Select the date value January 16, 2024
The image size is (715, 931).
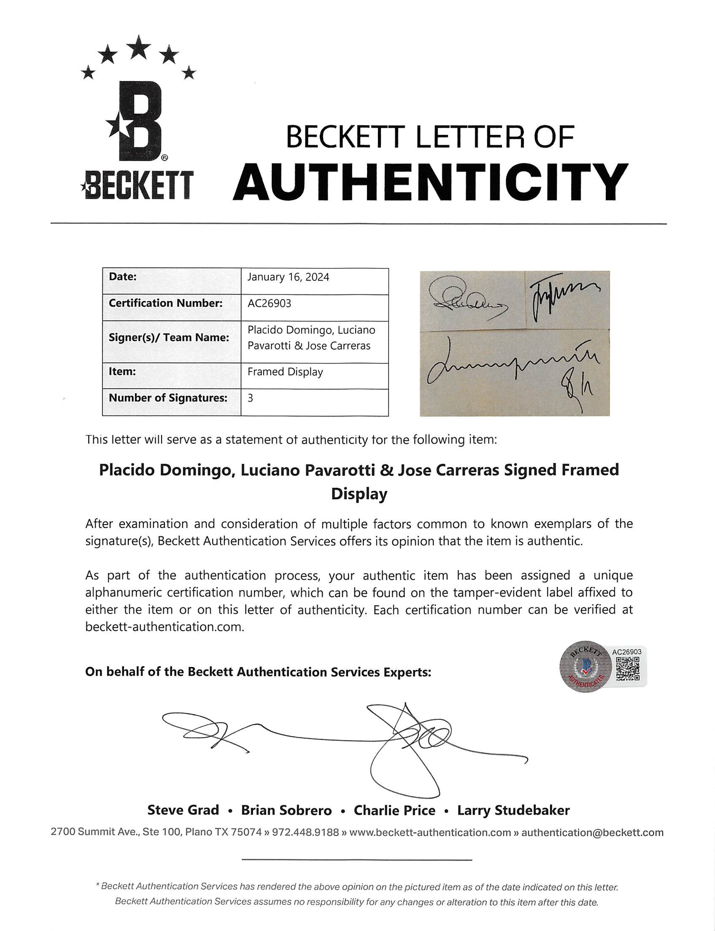coord(288,277)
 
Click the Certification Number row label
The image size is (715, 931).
coord(166,303)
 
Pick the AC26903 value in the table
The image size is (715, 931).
coord(269,304)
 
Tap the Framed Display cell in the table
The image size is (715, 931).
coord(285,372)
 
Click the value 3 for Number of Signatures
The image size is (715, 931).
coord(250,398)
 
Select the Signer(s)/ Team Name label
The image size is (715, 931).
coord(169,337)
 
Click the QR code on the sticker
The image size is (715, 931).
coord(626,668)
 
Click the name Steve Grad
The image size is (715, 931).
coord(183,810)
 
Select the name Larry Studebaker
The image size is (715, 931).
coord(513,810)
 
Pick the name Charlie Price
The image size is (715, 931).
coord(394,810)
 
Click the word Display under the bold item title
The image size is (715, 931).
coord(359,494)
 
